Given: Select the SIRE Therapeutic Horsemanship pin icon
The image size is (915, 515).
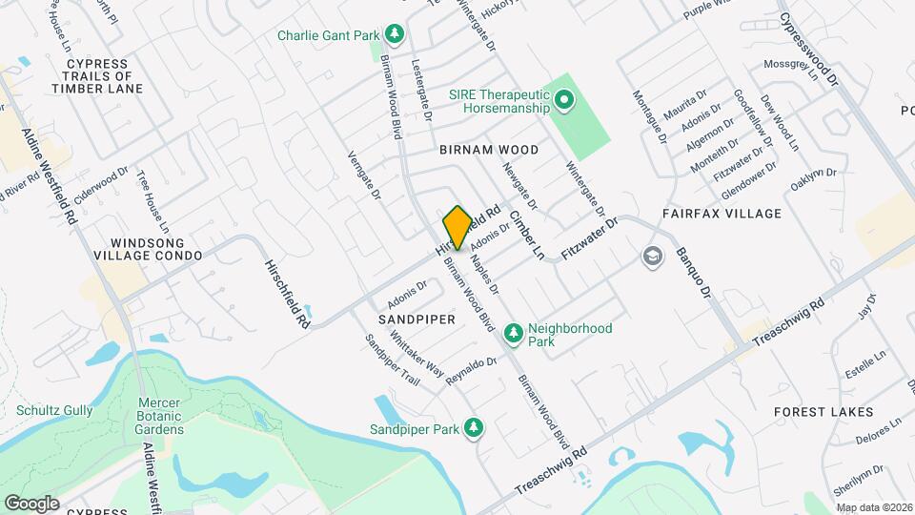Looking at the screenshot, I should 564,100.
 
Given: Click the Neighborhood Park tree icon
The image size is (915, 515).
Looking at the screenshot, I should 513,333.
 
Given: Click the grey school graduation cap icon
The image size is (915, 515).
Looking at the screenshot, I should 652,256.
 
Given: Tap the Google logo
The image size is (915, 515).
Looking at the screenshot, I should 31,503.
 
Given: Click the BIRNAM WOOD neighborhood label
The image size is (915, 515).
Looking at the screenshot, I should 489,150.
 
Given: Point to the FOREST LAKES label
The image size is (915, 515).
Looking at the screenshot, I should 823,412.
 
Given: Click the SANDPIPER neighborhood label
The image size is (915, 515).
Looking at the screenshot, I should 417,319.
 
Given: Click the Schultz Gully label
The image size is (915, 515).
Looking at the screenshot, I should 54,410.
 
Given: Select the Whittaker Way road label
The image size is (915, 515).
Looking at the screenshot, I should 417,352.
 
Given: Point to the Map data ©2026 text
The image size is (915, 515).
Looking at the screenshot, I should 874,507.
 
